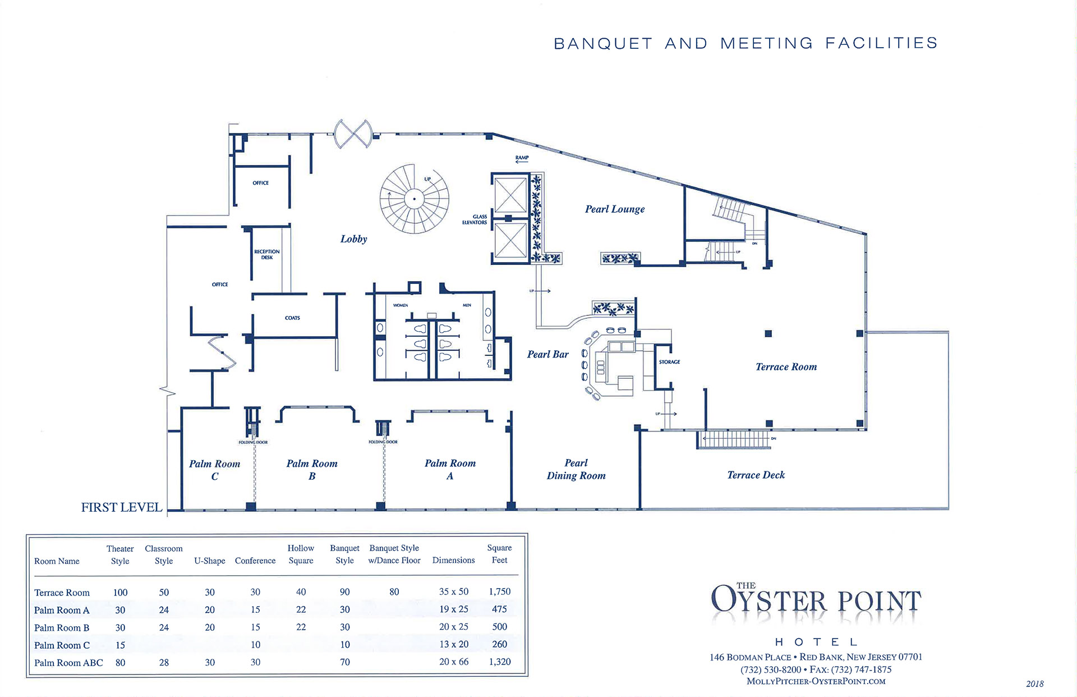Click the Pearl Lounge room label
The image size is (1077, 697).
[x=615, y=209]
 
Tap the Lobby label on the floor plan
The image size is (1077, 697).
[x=353, y=239]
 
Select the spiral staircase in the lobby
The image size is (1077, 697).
[x=415, y=199]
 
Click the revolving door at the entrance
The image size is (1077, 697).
[x=353, y=134]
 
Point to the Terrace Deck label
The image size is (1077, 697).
[x=756, y=475]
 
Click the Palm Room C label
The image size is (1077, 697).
[x=214, y=470]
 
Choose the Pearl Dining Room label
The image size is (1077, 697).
[x=576, y=469]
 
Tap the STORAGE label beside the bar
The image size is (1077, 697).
[x=669, y=362]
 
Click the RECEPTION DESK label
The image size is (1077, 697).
[x=267, y=254]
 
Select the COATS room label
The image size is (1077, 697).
[x=292, y=318]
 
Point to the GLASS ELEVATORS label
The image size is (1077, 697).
[x=475, y=219]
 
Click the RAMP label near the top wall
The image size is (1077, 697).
[x=522, y=158]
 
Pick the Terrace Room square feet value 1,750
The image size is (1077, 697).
[x=499, y=591]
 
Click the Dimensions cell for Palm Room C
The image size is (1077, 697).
[x=453, y=644]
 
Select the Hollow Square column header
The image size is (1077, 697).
[x=301, y=554]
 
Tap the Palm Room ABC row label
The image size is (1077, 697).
[x=68, y=663]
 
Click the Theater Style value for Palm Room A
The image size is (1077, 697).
[x=120, y=610]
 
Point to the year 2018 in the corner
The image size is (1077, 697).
[x=1034, y=684]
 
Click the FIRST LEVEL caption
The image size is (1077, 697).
[x=122, y=507]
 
